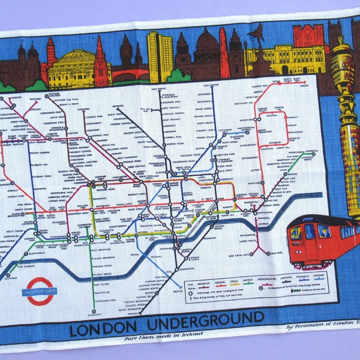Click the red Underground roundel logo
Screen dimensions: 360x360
(x=39, y=291)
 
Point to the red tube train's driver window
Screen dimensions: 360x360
(x=296, y=233)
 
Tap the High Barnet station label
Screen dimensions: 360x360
(x=158, y=89)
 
